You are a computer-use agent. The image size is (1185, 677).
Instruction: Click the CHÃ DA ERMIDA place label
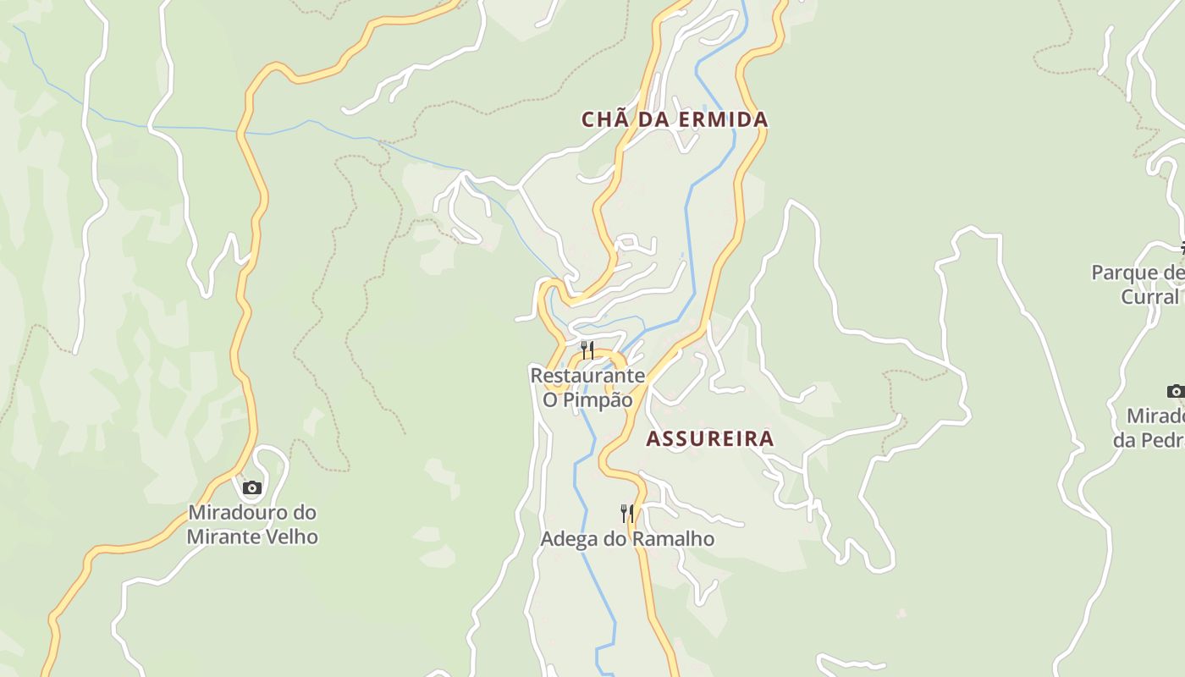pyautogui.click(x=675, y=120)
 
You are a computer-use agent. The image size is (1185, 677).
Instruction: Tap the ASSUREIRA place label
pyautogui.click(x=710, y=438)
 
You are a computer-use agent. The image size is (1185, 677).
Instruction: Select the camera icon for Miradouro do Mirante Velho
pyautogui.click(x=251, y=487)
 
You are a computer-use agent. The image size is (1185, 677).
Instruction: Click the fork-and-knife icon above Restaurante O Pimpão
pyautogui.click(x=587, y=350)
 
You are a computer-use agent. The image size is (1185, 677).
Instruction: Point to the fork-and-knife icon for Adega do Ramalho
pyautogui.click(x=627, y=513)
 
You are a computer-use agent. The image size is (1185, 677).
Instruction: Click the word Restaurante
pyautogui.click(x=587, y=375)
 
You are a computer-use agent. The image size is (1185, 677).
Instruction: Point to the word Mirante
pyautogui.click(x=224, y=537)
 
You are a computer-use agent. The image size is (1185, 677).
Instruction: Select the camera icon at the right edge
pyautogui.click(x=1175, y=391)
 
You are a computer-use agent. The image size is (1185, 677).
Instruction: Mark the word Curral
pyautogui.click(x=1150, y=297)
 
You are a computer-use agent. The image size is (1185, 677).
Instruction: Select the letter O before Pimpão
pyautogui.click(x=550, y=400)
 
